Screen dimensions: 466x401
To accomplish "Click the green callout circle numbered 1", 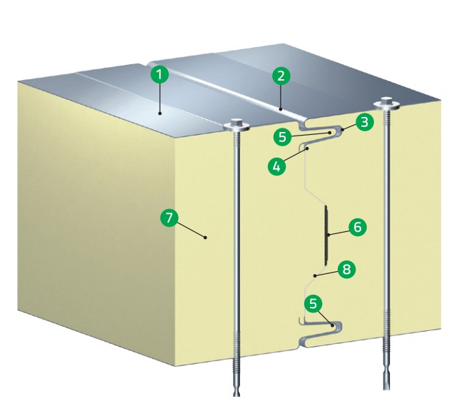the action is coord(160,74).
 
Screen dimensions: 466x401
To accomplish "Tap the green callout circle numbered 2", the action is coord(281,76).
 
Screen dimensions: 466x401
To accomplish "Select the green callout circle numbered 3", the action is coord(364,122).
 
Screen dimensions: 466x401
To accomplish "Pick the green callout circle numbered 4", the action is coord(276,166).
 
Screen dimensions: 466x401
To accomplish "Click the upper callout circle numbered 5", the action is coord(283,137).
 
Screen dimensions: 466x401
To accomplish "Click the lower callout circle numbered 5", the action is coord(314,304).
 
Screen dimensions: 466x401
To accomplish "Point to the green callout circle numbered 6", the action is coord(357,227).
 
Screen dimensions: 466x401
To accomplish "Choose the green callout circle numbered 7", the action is coord(169,218).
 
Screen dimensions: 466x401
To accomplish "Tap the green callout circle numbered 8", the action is coord(346,270).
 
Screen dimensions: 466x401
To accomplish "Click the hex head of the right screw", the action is coord(386,100).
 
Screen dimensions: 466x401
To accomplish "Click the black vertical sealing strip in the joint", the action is coord(326,235).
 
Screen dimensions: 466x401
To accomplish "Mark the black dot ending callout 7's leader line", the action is coord(205,238).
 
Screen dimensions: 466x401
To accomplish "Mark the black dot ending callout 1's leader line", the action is coord(160,113).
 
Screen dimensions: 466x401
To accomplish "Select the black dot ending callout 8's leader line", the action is coord(316,275).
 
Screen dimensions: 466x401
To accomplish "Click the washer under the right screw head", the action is coord(386,104).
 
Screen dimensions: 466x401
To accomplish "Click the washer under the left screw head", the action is coord(237,128).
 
